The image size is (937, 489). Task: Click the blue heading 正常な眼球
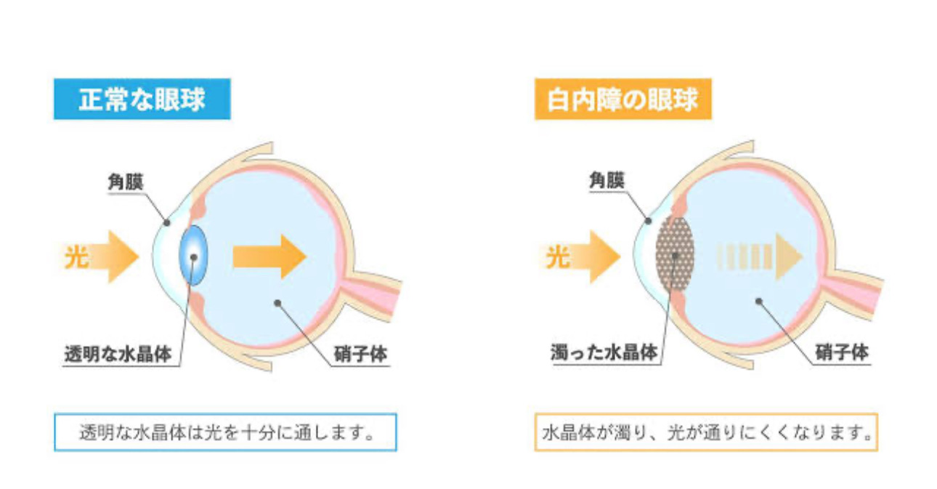(142, 100)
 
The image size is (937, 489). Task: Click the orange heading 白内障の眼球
(622, 100)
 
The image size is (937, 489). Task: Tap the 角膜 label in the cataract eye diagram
(607, 182)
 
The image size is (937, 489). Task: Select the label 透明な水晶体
(118, 355)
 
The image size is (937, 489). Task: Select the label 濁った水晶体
(604, 354)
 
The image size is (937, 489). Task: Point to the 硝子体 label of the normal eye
(360, 354)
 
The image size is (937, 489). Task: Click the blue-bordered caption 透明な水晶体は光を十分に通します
(225, 432)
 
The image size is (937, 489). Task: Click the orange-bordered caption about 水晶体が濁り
(706, 432)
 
